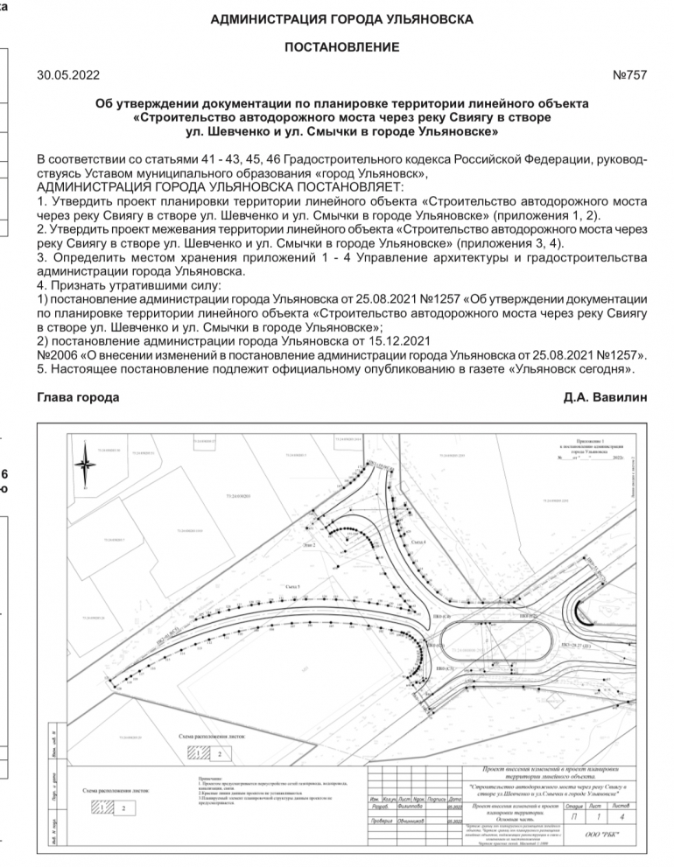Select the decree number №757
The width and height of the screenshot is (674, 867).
(x=630, y=75)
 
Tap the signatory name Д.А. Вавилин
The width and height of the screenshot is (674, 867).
(x=606, y=397)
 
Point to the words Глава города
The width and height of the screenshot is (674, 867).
(x=78, y=397)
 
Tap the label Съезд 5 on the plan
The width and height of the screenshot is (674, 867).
(x=293, y=586)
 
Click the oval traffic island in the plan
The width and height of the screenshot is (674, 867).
(x=495, y=644)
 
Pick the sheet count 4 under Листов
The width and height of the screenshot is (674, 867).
(x=621, y=817)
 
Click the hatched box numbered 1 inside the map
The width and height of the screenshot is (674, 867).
(x=200, y=752)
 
